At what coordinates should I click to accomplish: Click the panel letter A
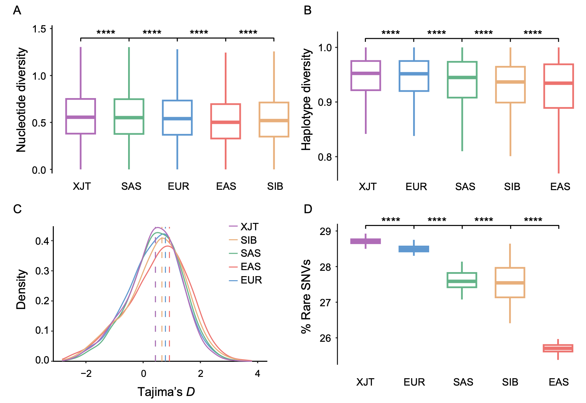(x=17, y=11)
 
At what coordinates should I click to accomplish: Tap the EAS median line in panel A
(x=225, y=122)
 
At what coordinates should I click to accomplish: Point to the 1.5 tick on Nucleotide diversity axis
(x=39, y=29)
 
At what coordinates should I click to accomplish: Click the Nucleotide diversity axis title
(x=21, y=100)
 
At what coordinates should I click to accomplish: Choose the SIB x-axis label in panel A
(x=275, y=186)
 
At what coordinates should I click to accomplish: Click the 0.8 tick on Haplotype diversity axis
(x=325, y=157)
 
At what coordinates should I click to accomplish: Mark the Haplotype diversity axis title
(x=306, y=100)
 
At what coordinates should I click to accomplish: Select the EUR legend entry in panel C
(x=251, y=280)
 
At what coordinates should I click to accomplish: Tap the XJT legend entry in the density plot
(x=249, y=227)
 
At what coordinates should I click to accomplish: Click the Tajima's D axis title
(x=166, y=392)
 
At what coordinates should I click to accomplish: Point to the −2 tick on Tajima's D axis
(x=86, y=374)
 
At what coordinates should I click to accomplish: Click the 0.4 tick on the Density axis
(x=42, y=241)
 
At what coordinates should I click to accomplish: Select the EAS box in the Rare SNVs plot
(x=558, y=348)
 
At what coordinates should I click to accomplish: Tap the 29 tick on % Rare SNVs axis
(x=325, y=232)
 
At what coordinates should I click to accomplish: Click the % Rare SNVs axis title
(x=306, y=296)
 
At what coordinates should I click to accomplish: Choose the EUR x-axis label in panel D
(x=414, y=382)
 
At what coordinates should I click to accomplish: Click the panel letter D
(x=308, y=209)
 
